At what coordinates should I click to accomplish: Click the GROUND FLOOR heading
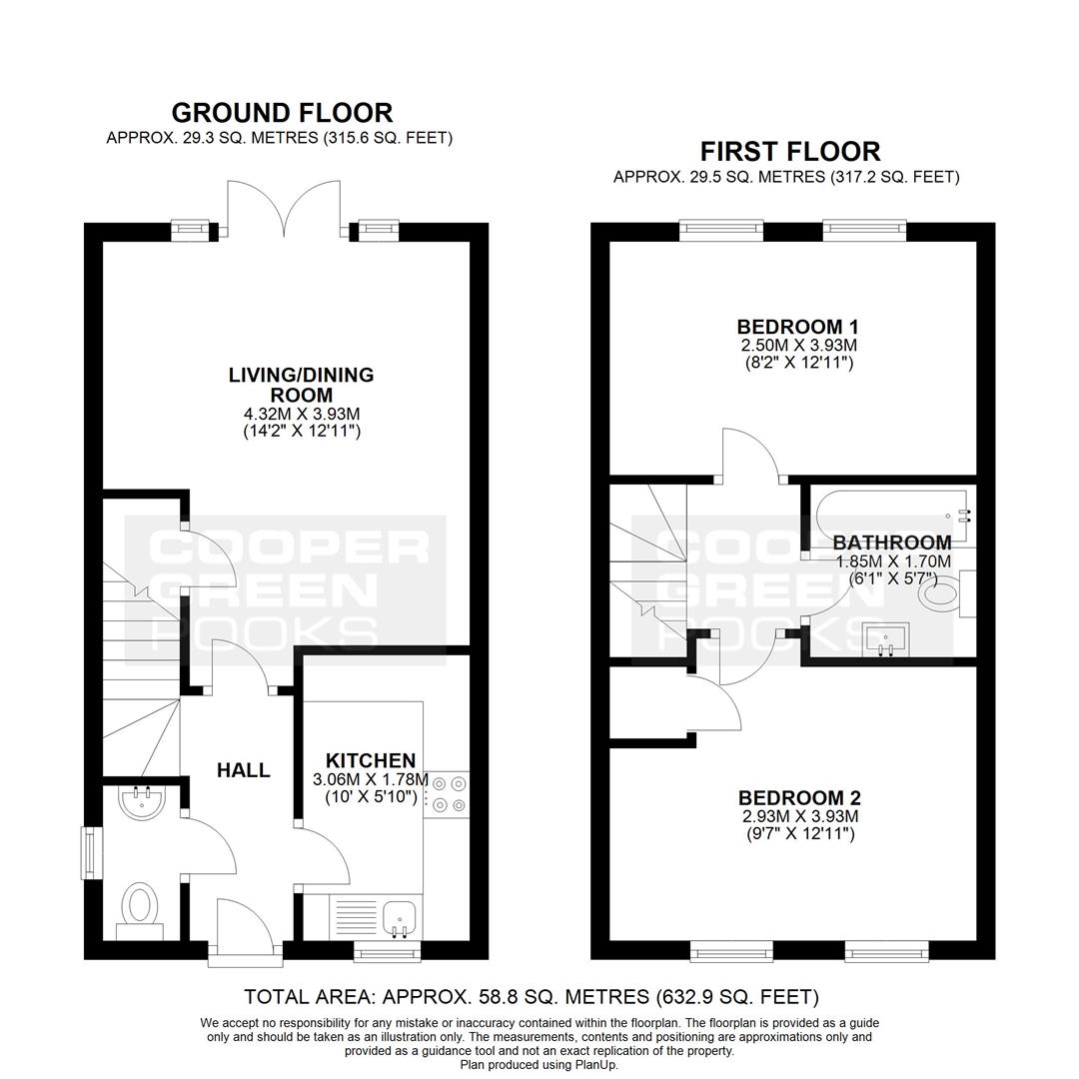coord(282,112)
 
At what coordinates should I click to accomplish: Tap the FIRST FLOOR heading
coord(790,151)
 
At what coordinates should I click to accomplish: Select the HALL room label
coord(244,770)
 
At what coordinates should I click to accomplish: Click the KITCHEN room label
coord(371,760)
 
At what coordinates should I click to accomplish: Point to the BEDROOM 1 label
coord(797,326)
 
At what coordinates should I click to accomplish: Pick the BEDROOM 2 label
coord(799,798)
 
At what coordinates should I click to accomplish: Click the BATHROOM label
coord(892,542)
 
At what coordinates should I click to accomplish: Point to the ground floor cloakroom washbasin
coord(142,801)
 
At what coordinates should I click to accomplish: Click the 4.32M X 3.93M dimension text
coord(302,415)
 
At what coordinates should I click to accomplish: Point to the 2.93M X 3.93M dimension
coord(799,817)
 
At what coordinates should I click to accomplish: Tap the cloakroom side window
coord(90,852)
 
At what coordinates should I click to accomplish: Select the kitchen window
coord(388,952)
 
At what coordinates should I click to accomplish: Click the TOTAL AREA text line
coord(532,996)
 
